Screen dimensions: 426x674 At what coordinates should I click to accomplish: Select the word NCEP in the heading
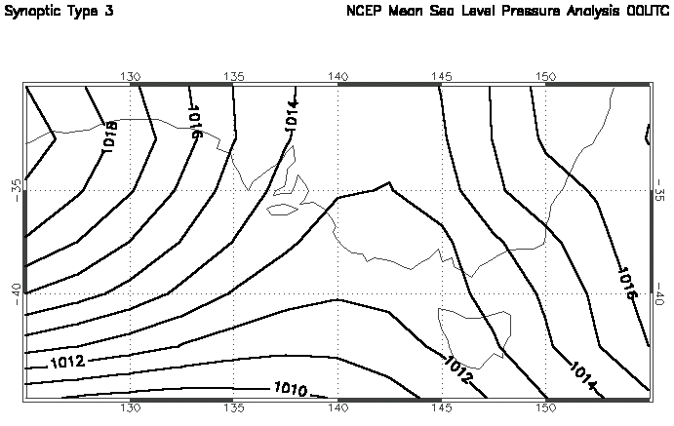tap(364, 18)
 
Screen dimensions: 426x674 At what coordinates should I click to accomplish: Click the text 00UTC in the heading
tap(646, 18)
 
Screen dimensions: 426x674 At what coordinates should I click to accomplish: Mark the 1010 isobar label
tap(292, 392)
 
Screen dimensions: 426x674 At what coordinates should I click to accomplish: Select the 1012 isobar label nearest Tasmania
tap(459, 365)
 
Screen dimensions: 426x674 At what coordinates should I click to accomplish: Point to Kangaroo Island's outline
tap(283, 207)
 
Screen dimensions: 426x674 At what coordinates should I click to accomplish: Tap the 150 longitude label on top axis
tap(546, 75)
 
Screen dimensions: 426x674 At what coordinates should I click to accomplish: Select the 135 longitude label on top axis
tap(234, 75)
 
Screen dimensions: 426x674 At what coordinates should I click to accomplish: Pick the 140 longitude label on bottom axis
tap(337, 409)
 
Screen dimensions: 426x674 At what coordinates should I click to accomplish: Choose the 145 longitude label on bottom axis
tap(442, 409)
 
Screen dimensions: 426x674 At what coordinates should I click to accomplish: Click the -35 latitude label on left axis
tap(17, 186)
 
